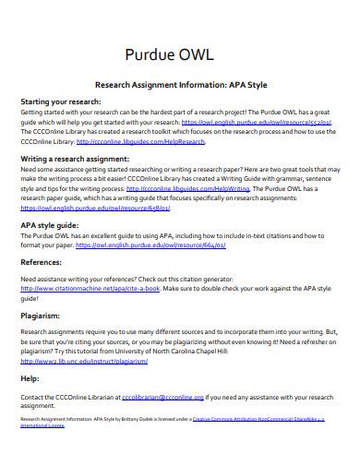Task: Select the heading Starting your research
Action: tap(58, 102)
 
